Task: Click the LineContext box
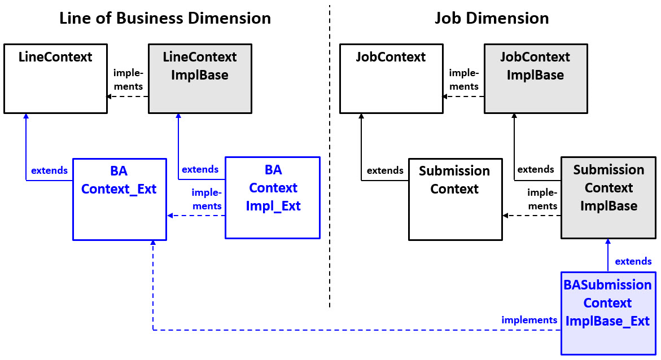tap(55, 78)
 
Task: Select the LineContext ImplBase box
tap(200, 78)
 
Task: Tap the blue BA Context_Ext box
tap(119, 199)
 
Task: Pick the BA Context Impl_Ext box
tap(273, 197)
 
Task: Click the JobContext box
tap(391, 78)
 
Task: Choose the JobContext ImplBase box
tap(535, 78)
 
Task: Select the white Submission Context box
tap(455, 199)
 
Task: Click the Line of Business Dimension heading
tap(165, 18)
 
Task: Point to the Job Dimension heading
tap(491, 18)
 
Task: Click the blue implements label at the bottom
tap(529, 320)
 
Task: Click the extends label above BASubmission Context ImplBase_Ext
tap(633, 261)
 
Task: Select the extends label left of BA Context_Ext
tap(49, 170)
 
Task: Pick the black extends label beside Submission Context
tap(385, 170)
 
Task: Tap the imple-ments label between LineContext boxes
tap(128, 79)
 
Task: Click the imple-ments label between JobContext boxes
tap(463, 79)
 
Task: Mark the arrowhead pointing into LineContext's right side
tap(110, 96)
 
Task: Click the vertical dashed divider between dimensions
tap(330, 158)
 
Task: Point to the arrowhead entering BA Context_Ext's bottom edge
tap(153, 243)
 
